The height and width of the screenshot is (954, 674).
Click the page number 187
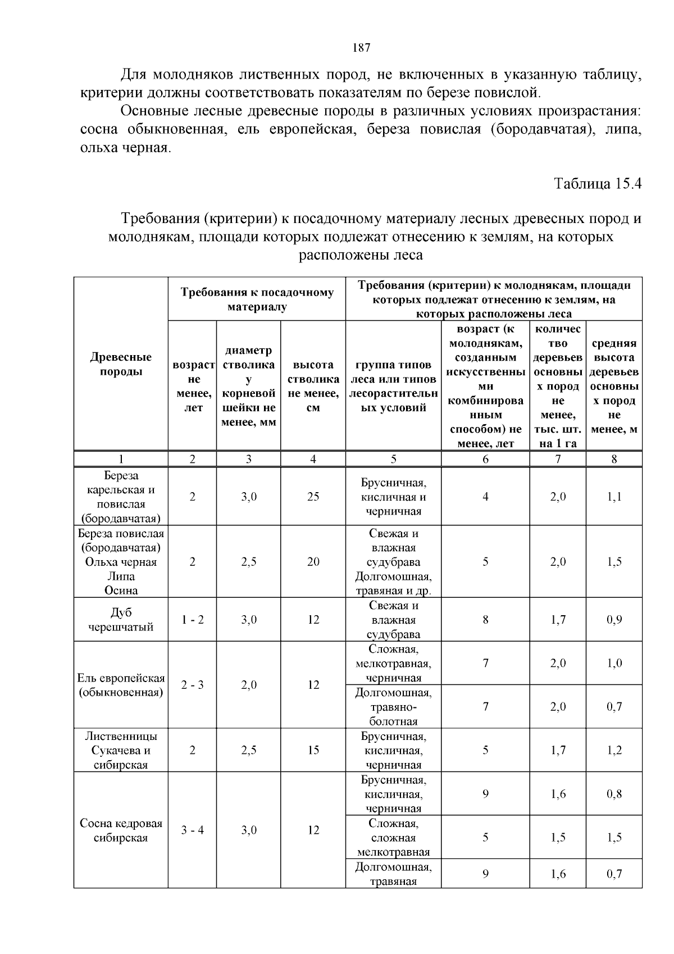pyautogui.click(x=361, y=48)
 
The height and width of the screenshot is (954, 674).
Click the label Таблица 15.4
pyautogui.click(x=598, y=184)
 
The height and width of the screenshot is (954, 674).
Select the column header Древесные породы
pyautogui.click(x=121, y=364)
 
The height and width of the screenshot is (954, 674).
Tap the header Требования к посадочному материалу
pyautogui.click(x=257, y=299)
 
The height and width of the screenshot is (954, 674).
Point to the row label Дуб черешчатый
pyautogui.click(x=121, y=620)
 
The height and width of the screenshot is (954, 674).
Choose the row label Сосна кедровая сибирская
pyautogui.click(x=121, y=830)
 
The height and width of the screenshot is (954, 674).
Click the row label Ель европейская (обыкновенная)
pyautogui.click(x=121, y=685)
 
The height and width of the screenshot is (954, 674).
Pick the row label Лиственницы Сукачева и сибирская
pyautogui.click(x=121, y=750)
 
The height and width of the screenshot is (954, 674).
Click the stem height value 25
pyautogui.click(x=313, y=497)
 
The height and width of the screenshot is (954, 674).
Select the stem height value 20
pyautogui.click(x=313, y=562)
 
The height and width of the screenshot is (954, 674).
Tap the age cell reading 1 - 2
pyautogui.click(x=193, y=620)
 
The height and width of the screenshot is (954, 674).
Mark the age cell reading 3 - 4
pyautogui.click(x=193, y=830)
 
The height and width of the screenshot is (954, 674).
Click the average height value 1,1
pyautogui.click(x=614, y=497)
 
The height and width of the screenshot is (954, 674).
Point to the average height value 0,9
pyautogui.click(x=614, y=620)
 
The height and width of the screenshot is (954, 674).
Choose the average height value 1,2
pyautogui.click(x=614, y=750)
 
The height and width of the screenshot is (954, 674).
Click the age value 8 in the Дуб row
pyautogui.click(x=485, y=620)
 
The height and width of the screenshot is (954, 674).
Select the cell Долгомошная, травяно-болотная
pyautogui.click(x=393, y=707)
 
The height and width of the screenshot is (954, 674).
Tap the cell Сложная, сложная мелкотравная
pyautogui.click(x=393, y=838)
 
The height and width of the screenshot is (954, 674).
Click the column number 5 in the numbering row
pyautogui.click(x=393, y=459)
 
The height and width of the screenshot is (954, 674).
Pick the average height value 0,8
pyautogui.click(x=614, y=794)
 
